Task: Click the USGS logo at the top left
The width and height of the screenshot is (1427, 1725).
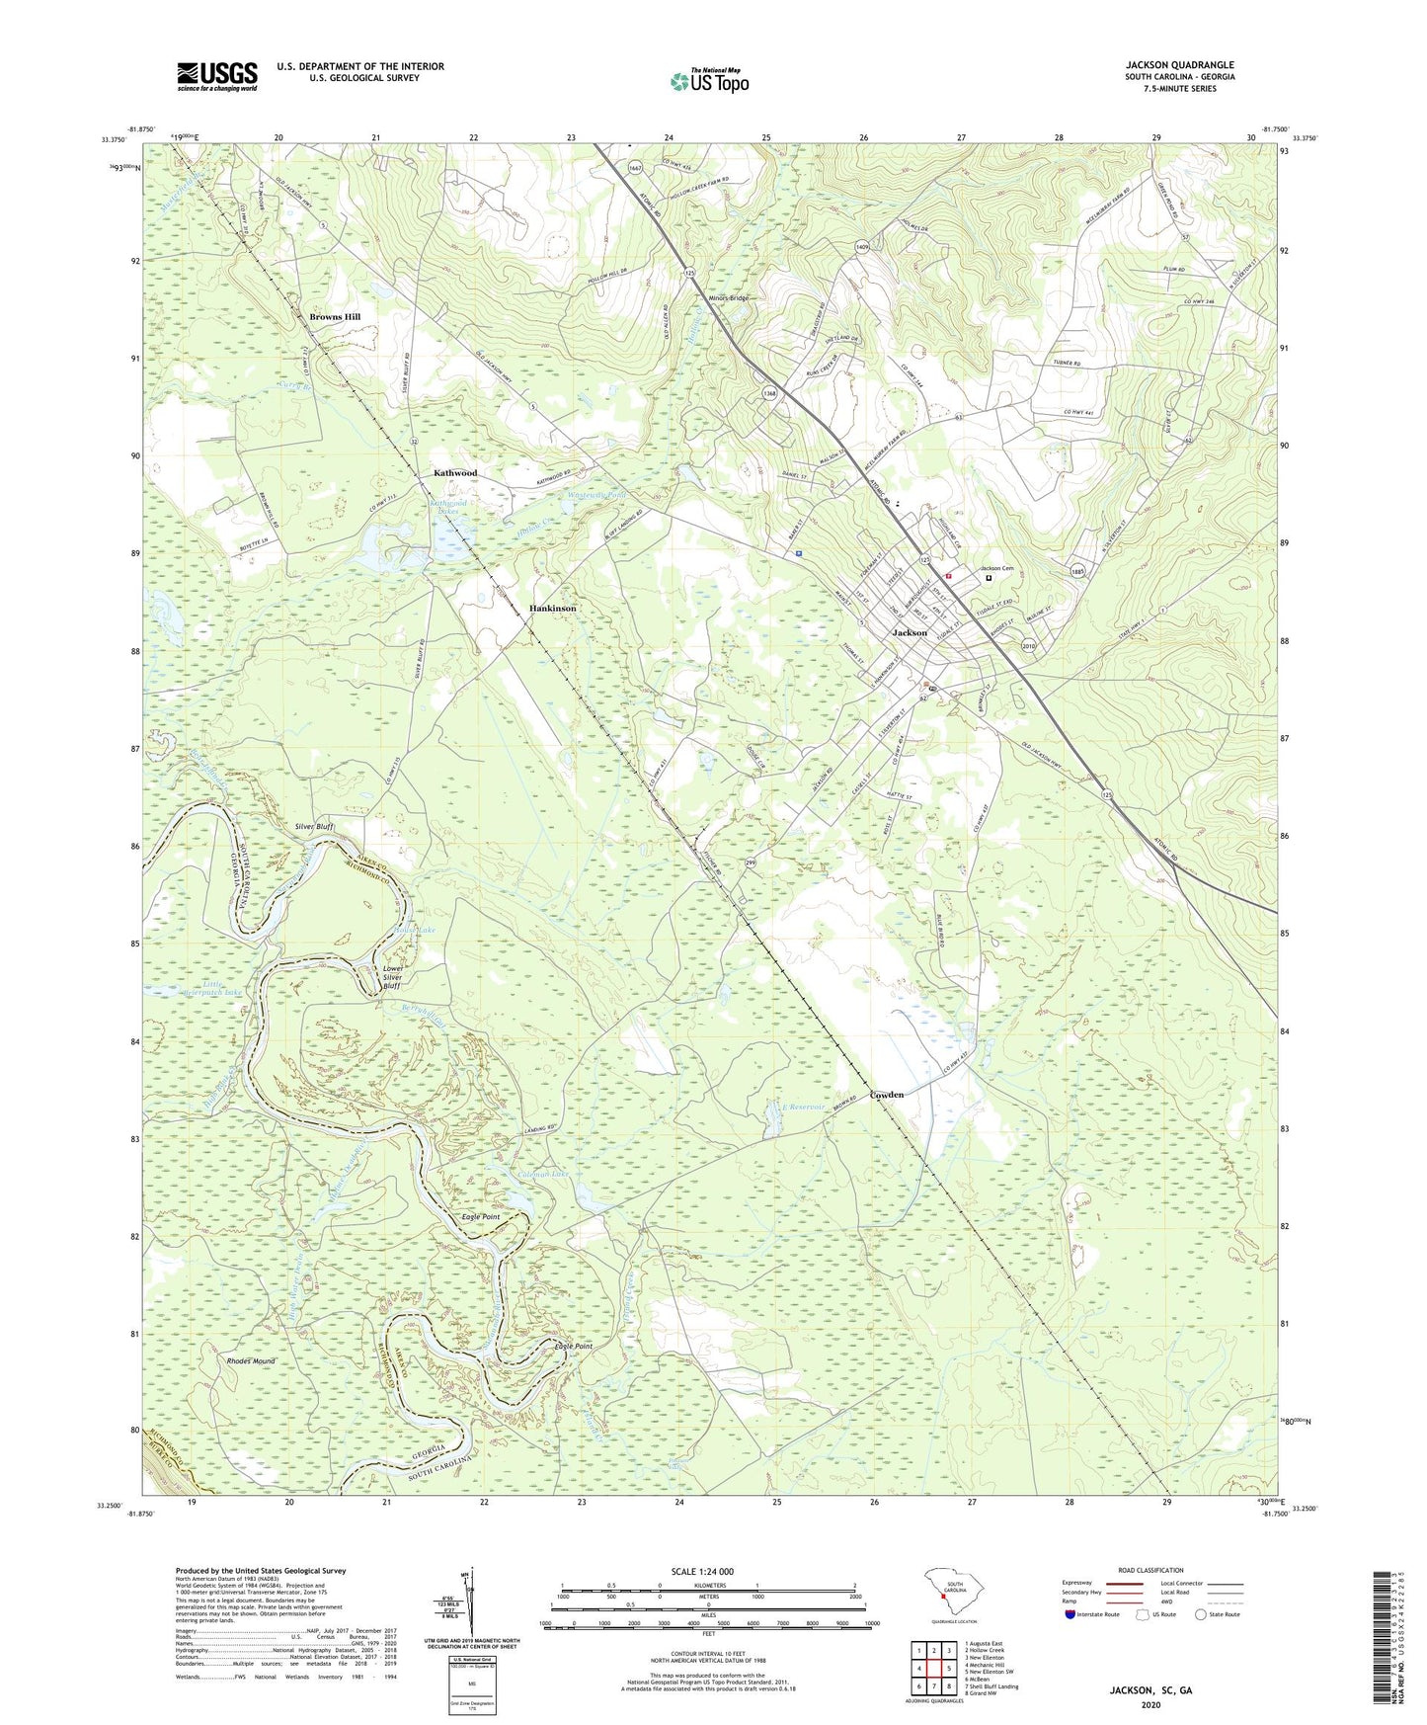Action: [x=217, y=75]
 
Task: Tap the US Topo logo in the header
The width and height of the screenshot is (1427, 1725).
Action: [x=708, y=81]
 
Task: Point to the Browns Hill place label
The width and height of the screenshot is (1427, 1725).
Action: [x=335, y=317]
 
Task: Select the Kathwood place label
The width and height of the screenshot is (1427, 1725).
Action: [x=455, y=473]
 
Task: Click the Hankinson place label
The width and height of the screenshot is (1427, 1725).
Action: [x=552, y=609]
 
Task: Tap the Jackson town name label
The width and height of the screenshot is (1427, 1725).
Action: [x=910, y=632]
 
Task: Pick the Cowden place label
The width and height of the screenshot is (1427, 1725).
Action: [x=886, y=1095]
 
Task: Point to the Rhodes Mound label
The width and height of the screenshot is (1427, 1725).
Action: [x=251, y=1361]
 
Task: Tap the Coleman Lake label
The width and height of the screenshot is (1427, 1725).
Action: [x=544, y=1174]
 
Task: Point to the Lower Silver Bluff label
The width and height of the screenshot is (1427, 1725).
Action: [x=392, y=977]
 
